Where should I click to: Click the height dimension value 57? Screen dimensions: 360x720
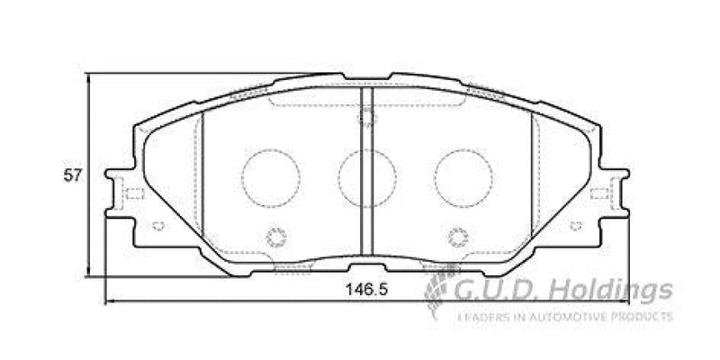[73, 176]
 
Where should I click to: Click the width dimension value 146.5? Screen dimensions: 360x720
[362, 291]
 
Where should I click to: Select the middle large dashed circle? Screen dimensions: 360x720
[365, 175]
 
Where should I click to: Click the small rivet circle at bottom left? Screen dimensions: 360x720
[276, 238]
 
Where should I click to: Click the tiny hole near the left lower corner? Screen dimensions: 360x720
[157, 225]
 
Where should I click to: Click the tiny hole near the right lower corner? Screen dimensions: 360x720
[573, 225]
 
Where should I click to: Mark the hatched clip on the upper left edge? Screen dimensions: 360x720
[251, 91]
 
